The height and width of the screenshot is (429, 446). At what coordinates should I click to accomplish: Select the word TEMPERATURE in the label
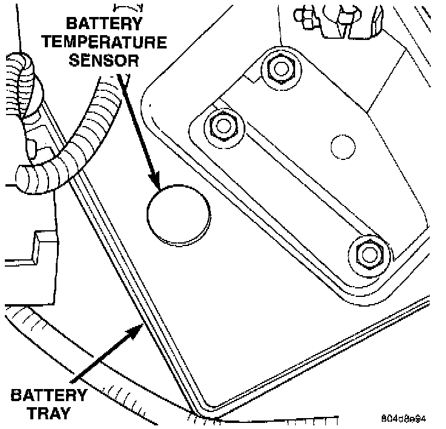click(115, 42)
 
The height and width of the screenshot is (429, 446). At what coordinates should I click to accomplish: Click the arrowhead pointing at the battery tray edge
click(137, 330)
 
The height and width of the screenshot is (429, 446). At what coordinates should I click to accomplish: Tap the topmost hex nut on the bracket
click(280, 68)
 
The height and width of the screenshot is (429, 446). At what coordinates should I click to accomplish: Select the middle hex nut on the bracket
click(222, 125)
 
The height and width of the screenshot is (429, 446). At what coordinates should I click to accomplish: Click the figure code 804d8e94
click(405, 419)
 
